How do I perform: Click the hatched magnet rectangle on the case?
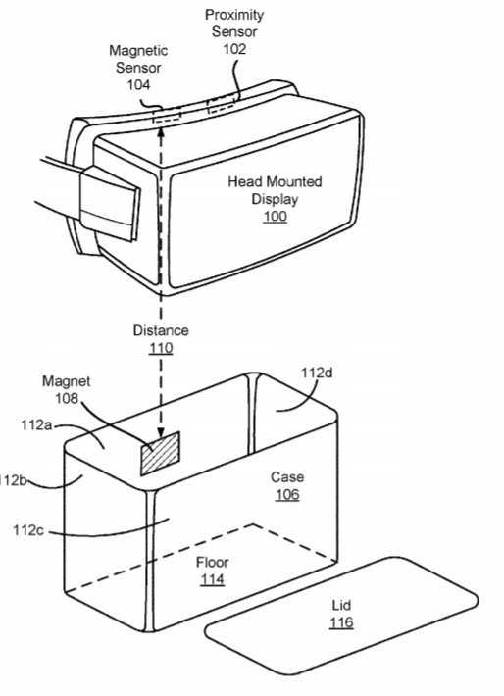pyautogui.click(x=160, y=453)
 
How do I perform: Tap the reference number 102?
pyautogui.click(x=234, y=49)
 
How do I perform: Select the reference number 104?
pyautogui.click(x=138, y=84)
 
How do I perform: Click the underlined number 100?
pyautogui.click(x=275, y=217)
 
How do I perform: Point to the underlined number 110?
pyautogui.click(x=161, y=348)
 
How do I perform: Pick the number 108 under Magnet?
pyautogui.click(x=66, y=398)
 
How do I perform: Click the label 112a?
pyautogui.click(x=36, y=425)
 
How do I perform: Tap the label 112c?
pyautogui.click(x=28, y=530)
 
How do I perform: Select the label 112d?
pyautogui.click(x=317, y=373)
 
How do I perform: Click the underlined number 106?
pyautogui.click(x=287, y=494)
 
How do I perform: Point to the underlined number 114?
pyautogui.click(x=212, y=579)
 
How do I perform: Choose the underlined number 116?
pyautogui.click(x=341, y=622)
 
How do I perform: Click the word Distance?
pyautogui.click(x=161, y=330)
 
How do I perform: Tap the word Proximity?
pyautogui.click(x=234, y=15)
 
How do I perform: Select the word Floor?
pyautogui.click(x=212, y=563)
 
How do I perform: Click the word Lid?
pyautogui.click(x=341, y=606)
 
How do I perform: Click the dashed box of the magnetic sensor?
pyautogui.click(x=167, y=116)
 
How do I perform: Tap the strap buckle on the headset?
pyautogui.click(x=110, y=204)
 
